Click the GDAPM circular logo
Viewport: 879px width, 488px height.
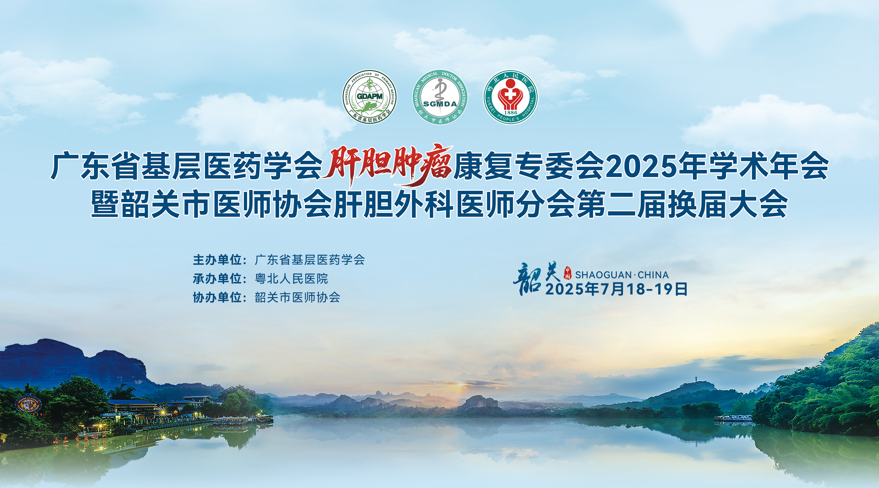369,97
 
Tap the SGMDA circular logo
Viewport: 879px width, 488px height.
440,97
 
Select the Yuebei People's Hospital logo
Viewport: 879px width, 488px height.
510,97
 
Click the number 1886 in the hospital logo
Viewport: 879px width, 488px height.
510,113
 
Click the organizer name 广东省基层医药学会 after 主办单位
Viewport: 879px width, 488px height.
310,260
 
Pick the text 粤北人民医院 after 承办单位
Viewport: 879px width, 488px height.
292,279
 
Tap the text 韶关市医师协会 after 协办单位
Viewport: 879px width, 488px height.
298,297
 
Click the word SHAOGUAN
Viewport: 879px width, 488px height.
603,275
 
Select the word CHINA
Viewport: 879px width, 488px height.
653,275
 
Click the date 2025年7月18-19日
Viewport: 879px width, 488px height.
616,289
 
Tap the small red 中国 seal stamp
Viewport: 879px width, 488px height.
567,273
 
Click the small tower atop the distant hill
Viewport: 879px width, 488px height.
696,379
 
